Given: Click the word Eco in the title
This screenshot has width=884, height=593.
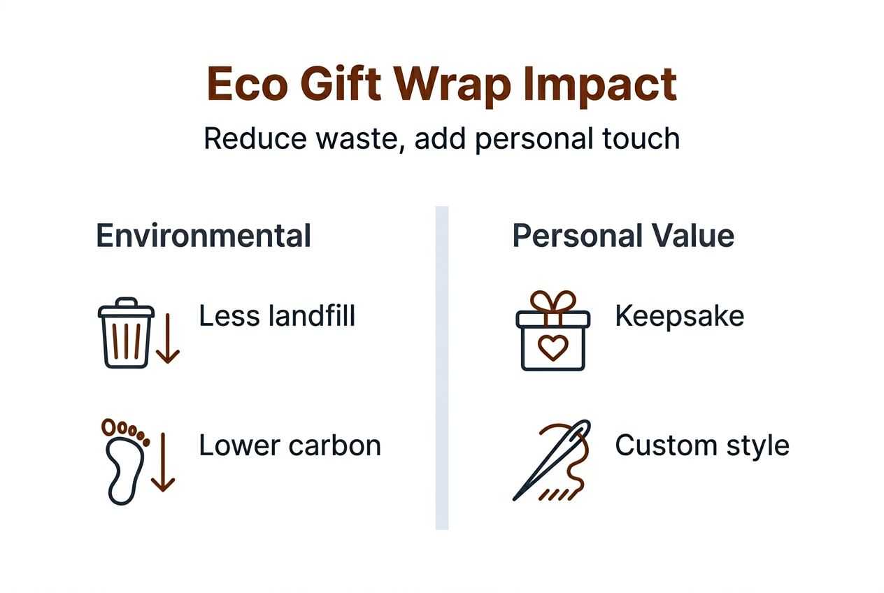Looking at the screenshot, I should tap(247, 85).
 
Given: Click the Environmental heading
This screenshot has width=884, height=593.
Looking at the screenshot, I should tap(203, 236).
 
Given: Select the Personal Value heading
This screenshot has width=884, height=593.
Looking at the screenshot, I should tap(623, 236).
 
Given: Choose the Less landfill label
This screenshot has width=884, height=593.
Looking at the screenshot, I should tap(277, 316).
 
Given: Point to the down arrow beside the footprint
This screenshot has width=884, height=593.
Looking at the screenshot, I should tap(163, 462).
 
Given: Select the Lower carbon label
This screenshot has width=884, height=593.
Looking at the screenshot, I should tap(290, 445).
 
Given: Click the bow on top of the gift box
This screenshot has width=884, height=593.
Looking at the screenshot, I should tap(552, 302).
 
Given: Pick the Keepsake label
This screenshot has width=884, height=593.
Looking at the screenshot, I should tap(679, 316).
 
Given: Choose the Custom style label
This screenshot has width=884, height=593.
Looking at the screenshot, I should tap(701, 445).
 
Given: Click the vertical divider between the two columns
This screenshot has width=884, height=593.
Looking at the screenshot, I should tap(442, 367).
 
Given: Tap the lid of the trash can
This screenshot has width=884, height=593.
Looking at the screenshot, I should tap(126, 308).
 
